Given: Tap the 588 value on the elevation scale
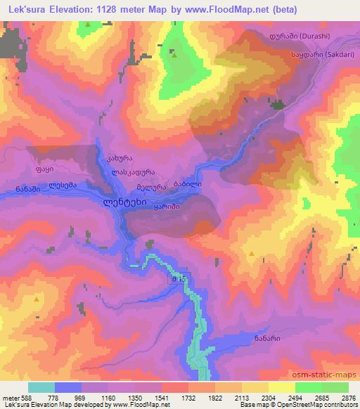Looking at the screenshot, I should pyautogui.click(x=20, y=398).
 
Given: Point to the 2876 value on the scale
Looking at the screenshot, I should pyautogui.click(x=348, y=398).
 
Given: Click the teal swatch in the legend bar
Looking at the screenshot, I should pyautogui.click(x=41, y=387).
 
